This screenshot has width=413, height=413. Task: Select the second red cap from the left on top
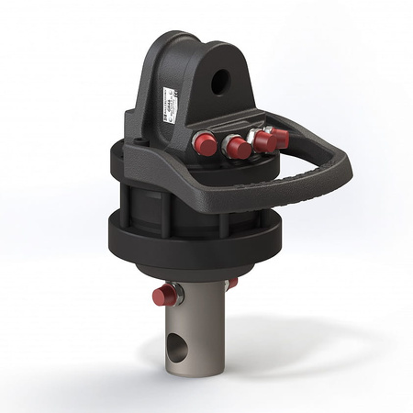pos(237,147)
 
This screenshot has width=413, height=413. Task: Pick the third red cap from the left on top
pos(263,141)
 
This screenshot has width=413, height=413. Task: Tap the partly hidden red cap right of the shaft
pos(232,284)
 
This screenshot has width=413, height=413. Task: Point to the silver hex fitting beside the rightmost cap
pos(268,130)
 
